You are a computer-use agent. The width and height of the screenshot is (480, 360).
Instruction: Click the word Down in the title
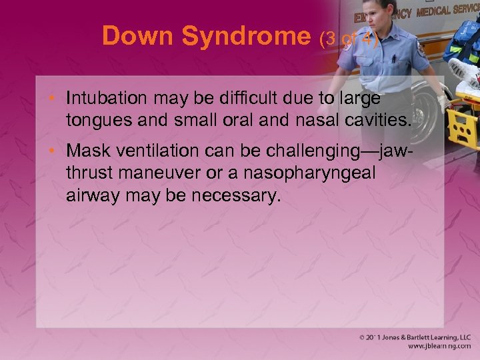[x=139, y=37]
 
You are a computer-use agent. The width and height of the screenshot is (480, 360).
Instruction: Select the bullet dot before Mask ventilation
[x=56, y=153]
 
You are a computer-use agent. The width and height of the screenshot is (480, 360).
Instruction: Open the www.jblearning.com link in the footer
[x=436, y=346]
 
